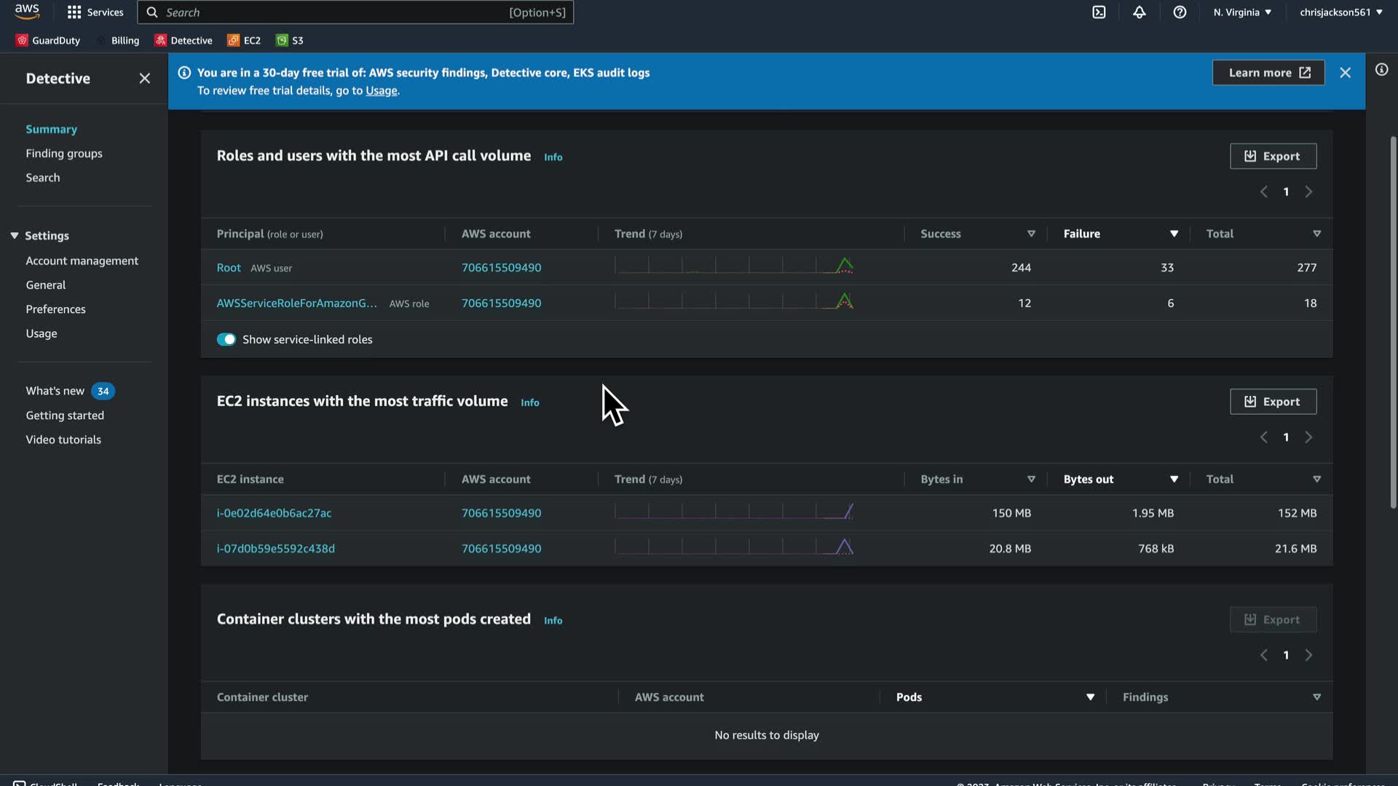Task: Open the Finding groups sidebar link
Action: pyautogui.click(x=64, y=154)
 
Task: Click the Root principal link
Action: pyautogui.click(x=229, y=268)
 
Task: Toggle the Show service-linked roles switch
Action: pyautogui.click(x=226, y=340)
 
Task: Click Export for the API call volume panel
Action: pyautogui.click(x=1273, y=156)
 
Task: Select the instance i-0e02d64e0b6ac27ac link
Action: pyautogui.click(x=274, y=513)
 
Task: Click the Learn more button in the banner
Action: pyautogui.click(x=1268, y=73)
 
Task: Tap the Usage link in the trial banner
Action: pyautogui.click(x=382, y=91)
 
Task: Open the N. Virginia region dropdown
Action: pyautogui.click(x=1242, y=12)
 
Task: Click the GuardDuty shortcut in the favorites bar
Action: pyautogui.click(x=48, y=41)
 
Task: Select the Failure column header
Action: pyautogui.click(x=1081, y=234)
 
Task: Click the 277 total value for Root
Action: pyautogui.click(x=1306, y=268)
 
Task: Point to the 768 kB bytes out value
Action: pyautogui.click(x=1156, y=549)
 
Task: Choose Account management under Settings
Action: pyautogui.click(x=82, y=261)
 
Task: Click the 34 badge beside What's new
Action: pyautogui.click(x=103, y=392)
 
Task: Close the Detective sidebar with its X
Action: pyautogui.click(x=145, y=79)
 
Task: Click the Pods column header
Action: pyautogui.click(x=909, y=697)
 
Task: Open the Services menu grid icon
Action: pyautogui.click(x=74, y=12)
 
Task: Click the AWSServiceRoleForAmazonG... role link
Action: pyautogui.click(x=296, y=303)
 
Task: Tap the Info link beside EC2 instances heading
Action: pyautogui.click(x=530, y=402)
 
